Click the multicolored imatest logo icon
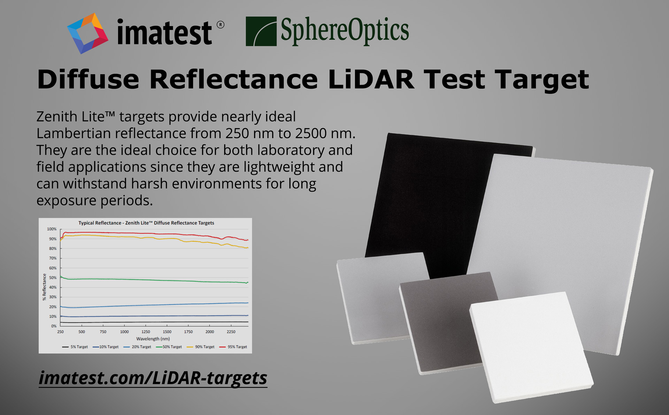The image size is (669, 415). point(87,33)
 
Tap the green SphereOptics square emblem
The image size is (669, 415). point(261,31)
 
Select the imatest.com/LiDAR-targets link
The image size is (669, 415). point(153,378)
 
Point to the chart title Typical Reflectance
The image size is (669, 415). point(100,223)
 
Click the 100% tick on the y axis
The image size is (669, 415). point(52,229)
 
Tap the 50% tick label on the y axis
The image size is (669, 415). point(53,278)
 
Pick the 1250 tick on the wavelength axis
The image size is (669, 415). point(146,332)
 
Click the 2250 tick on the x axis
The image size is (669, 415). point(231,332)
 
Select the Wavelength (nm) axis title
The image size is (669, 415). point(153,339)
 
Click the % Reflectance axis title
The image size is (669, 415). point(44,287)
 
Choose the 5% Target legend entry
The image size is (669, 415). point(75,347)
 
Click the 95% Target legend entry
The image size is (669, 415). point(233,347)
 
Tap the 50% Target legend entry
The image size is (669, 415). point(169,347)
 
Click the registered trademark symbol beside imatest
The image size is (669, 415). point(221,25)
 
